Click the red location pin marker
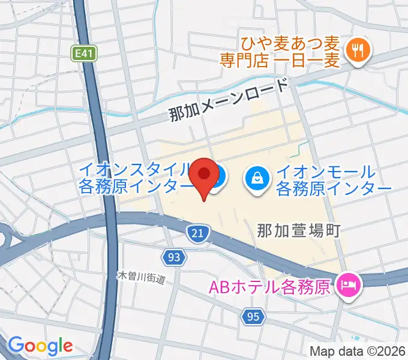[204, 175]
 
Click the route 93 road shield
[173, 257]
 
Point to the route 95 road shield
[253, 317]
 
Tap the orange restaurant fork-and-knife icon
[359, 50]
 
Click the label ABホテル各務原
[269, 287]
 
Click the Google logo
[40, 345]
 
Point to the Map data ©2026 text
[356, 350]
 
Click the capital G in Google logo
[16, 345]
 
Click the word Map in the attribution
[320, 350]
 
